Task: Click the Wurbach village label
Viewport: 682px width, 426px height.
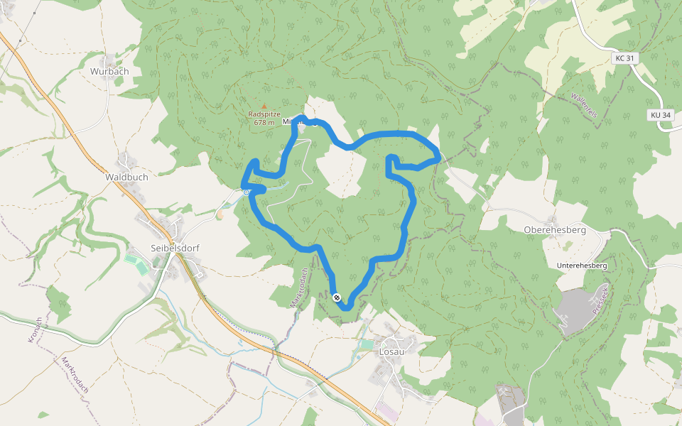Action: pyautogui.click(x=109, y=72)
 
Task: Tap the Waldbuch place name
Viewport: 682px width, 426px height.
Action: pyautogui.click(x=126, y=176)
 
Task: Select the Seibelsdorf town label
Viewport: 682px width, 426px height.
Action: pyautogui.click(x=174, y=248)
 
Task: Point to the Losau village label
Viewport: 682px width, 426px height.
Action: pyautogui.click(x=391, y=352)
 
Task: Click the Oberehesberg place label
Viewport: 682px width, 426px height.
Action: pyautogui.click(x=554, y=230)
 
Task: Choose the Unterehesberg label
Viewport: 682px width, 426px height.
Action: pyautogui.click(x=582, y=265)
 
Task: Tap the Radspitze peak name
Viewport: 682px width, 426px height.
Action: pyautogui.click(x=264, y=114)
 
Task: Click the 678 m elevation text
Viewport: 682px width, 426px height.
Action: pyautogui.click(x=264, y=122)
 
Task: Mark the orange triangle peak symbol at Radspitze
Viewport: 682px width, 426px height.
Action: pyautogui.click(x=264, y=106)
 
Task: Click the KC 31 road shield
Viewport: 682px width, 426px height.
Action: pyautogui.click(x=625, y=58)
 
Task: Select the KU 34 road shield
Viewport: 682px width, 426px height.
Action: pyautogui.click(x=660, y=114)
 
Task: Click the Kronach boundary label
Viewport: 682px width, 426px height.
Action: pyautogui.click(x=33, y=330)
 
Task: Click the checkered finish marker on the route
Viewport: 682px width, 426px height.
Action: pyautogui.click(x=336, y=297)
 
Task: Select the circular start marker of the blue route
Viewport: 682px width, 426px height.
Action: pyautogui.click(x=247, y=192)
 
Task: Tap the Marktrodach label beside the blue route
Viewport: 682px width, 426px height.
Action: pyautogui.click(x=298, y=287)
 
